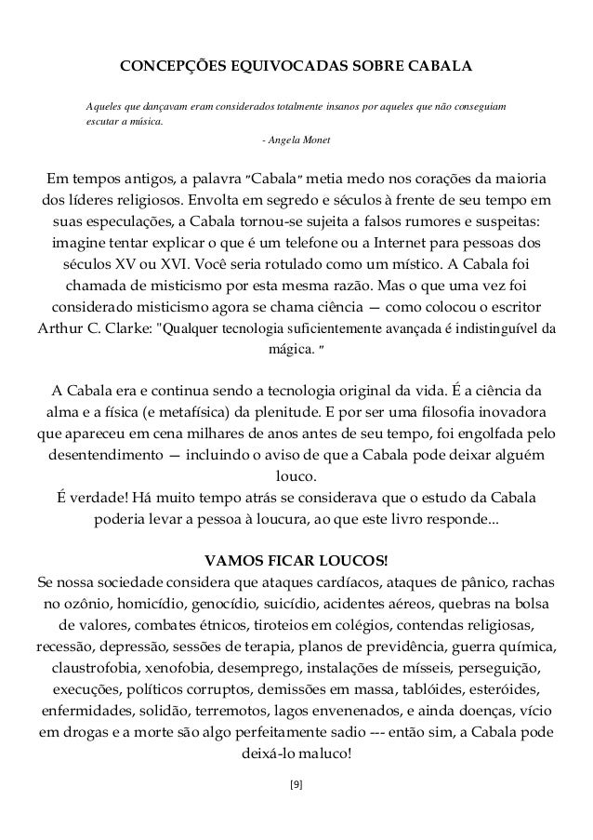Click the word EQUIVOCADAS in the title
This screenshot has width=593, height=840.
(270, 68)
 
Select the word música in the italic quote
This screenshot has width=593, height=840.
(140, 121)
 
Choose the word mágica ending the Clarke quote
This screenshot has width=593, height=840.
(289, 352)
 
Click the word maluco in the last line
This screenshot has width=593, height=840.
(325, 753)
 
